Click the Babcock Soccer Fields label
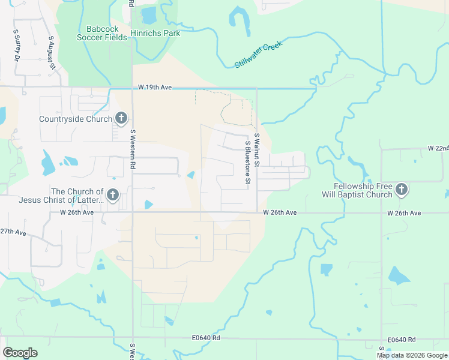click(102, 33)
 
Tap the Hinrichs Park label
click(155, 34)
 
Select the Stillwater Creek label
click(258, 55)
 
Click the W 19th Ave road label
click(155, 88)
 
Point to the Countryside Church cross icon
click(121, 118)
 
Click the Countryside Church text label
click(76, 119)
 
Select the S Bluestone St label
click(247, 163)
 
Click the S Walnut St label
click(256, 149)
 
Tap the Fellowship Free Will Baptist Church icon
click(402, 190)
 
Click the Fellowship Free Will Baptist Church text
click(363, 190)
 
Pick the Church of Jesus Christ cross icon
click(112, 195)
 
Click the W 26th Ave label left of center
click(77, 212)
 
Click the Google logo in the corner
click(20, 353)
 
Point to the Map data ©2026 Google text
click(411, 355)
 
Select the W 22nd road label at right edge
click(438, 148)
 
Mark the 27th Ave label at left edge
click(13, 232)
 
